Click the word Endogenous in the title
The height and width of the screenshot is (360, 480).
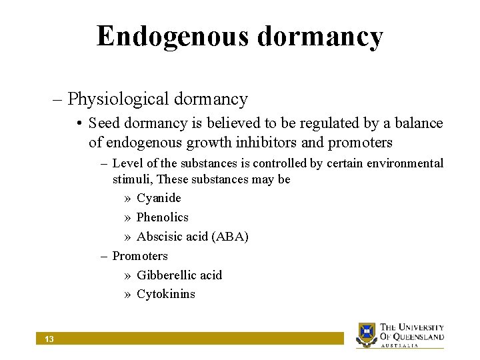pyautogui.click(x=172, y=37)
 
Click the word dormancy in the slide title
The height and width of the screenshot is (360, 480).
pyautogui.click(x=321, y=37)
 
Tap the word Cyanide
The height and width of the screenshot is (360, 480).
pyautogui.click(x=159, y=198)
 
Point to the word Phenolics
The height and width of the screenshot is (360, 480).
pyautogui.click(x=163, y=217)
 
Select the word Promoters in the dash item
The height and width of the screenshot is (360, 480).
pyautogui.click(x=140, y=256)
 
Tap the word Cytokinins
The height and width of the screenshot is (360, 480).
pyautogui.click(x=166, y=295)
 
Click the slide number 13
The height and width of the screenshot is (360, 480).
pyautogui.click(x=49, y=339)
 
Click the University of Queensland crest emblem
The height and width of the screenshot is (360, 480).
pyautogui.click(x=367, y=334)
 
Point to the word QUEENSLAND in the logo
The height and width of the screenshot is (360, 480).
pyautogui.click(x=418, y=337)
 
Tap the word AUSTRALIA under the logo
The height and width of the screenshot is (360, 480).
pyautogui.click(x=399, y=346)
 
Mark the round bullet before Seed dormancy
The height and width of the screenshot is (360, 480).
pyautogui.click(x=79, y=124)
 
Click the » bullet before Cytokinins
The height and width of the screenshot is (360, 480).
pyautogui.click(x=127, y=295)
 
